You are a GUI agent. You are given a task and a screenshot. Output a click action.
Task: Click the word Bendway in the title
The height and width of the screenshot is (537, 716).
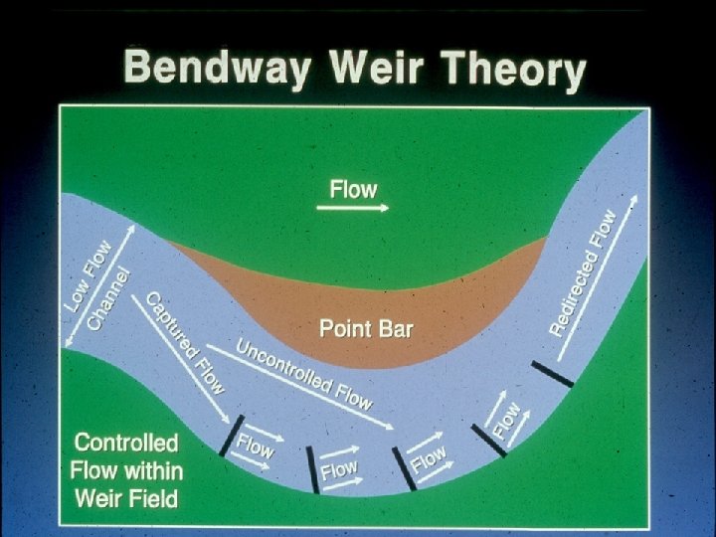click(x=210, y=70)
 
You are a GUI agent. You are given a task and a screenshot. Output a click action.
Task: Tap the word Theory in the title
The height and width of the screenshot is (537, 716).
click(x=512, y=72)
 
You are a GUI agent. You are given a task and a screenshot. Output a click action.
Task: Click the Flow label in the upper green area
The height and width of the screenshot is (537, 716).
click(x=353, y=188)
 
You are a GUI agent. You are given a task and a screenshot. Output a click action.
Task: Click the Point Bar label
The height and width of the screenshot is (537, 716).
click(x=365, y=328)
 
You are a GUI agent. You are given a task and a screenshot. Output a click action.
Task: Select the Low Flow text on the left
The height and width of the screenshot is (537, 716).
click(x=89, y=275)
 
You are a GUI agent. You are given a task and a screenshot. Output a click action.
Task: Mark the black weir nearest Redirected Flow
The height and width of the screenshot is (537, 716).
click(x=552, y=374)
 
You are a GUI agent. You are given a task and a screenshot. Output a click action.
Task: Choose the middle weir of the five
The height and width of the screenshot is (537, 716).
click(x=404, y=468)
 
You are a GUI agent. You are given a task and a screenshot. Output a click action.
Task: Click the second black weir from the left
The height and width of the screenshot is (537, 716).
click(x=312, y=469)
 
